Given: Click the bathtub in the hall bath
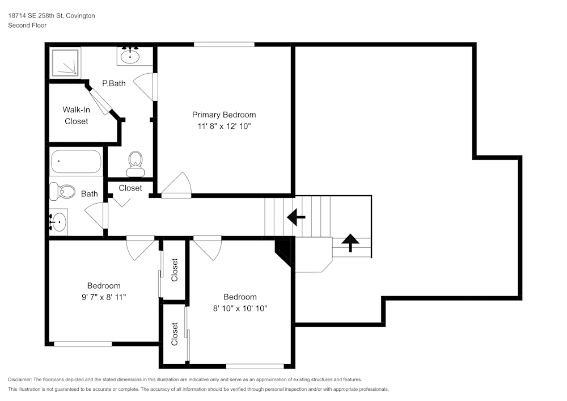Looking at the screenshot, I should (x=75, y=162).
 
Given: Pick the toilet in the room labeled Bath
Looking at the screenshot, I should (x=62, y=192).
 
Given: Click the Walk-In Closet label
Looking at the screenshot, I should (x=76, y=115).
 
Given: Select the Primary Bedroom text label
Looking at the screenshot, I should (x=223, y=115).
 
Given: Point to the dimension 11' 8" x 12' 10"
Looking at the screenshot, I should (x=223, y=126).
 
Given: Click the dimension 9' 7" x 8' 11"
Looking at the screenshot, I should (x=103, y=297).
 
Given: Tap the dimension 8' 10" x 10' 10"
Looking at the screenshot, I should (x=240, y=308).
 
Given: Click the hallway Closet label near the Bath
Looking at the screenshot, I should (x=130, y=188).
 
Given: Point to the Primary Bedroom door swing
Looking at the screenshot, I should (x=177, y=185).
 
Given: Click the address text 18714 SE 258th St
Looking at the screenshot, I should (x=35, y=16).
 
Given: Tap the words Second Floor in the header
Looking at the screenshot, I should (x=27, y=26).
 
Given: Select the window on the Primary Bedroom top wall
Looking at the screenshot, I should (x=223, y=44).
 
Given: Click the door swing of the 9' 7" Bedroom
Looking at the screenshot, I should (x=139, y=247).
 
